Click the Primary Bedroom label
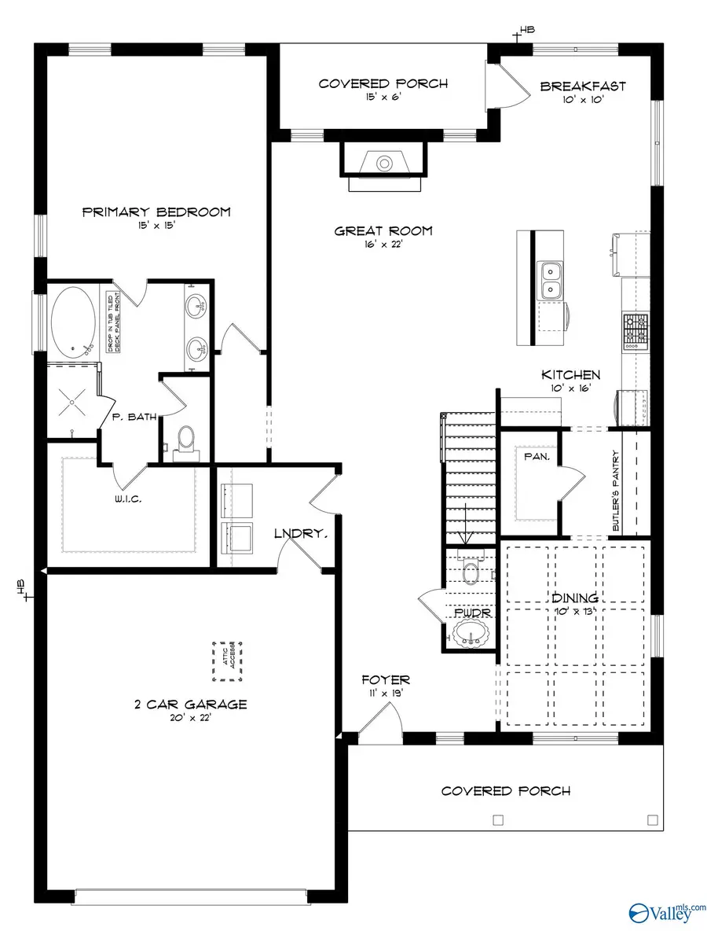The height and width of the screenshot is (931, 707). pyautogui.click(x=156, y=212)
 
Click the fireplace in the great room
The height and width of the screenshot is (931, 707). pyautogui.click(x=383, y=164)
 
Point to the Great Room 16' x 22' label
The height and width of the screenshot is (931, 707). pyautogui.click(x=383, y=232)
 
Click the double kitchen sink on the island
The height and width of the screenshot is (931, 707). pyautogui.click(x=550, y=281)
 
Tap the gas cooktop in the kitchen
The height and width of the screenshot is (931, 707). pyautogui.click(x=636, y=331)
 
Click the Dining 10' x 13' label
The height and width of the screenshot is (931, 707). pyautogui.click(x=577, y=599)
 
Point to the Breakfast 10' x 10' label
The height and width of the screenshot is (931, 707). pyautogui.click(x=583, y=86)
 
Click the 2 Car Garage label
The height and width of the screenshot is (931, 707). pyautogui.click(x=189, y=704)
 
